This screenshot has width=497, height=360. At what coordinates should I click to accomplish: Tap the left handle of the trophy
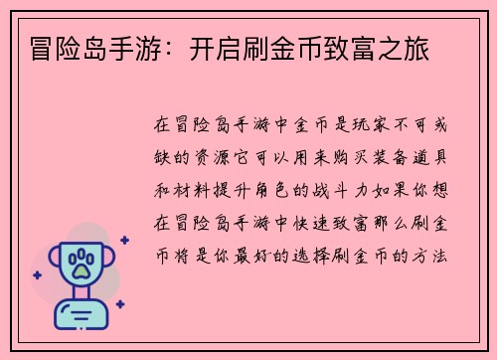pos(52,262)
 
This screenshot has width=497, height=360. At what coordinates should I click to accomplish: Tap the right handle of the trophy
pos(109,262)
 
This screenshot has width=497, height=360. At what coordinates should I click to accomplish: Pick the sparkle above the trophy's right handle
pos(124,240)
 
